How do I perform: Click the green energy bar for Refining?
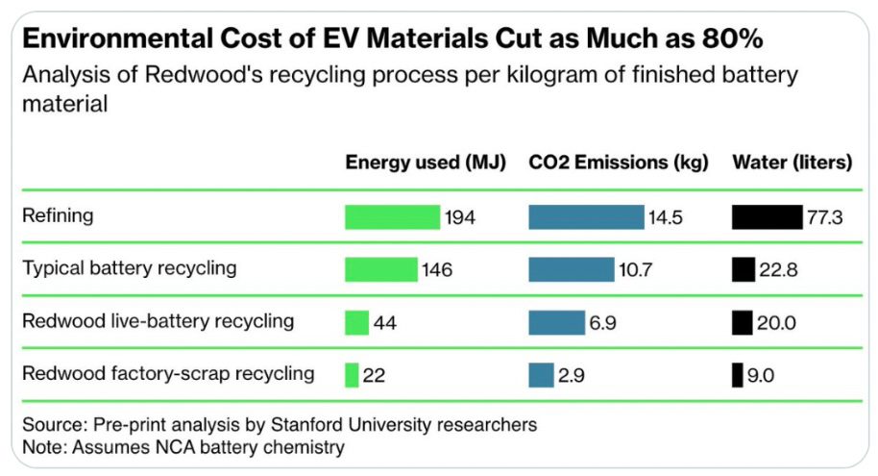point(392,217)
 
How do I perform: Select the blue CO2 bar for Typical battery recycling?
point(571,269)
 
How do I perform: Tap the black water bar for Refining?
point(766,217)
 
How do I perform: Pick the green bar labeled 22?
point(352,374)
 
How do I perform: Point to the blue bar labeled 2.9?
point(541,374)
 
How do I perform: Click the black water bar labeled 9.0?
point(737,374)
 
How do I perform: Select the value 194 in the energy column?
point(459,218)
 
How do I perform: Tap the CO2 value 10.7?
point(635,270)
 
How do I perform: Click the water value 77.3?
point(825,218)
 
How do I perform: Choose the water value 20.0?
point(776,322)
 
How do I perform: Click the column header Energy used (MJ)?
point(426,163)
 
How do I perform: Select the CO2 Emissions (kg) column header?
point(619,163)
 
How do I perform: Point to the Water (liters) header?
point(792,163)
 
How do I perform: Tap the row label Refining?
point(58,215)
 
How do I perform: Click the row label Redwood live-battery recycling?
point(158,320)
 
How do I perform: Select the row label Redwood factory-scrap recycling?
point(168,372)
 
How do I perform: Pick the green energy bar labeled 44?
point(357,322)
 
